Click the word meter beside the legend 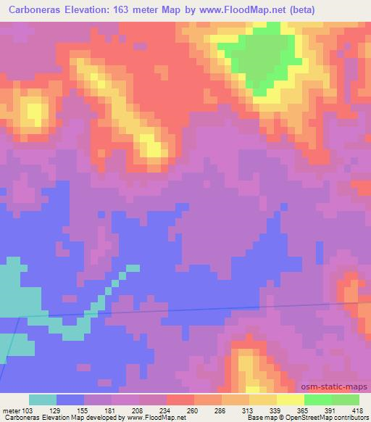click(10, 411)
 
